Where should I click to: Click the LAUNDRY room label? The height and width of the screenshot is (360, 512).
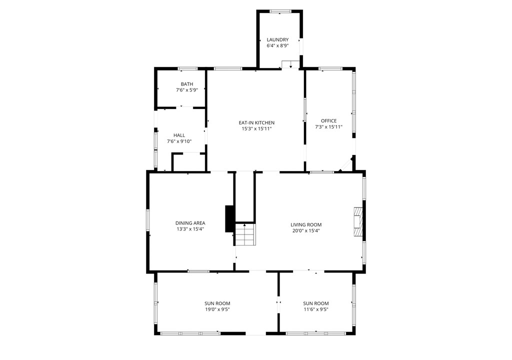coord(277,40)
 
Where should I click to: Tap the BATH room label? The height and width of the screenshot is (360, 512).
coord(187,84)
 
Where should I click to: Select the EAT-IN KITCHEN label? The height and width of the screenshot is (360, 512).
coord(256,123)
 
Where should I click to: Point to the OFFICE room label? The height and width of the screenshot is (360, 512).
coord(328,121)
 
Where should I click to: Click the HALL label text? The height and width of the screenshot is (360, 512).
coord(179,135)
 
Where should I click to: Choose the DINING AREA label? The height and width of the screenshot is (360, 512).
coord(190,223)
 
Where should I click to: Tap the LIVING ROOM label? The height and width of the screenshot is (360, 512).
coord(306,225)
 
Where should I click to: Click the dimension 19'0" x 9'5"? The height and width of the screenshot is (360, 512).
coord(217,309)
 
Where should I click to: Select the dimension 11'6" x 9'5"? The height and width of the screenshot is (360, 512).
coord(316,309)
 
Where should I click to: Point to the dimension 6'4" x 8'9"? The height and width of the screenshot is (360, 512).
coord(277,46)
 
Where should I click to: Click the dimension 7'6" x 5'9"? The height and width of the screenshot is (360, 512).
coord(187,90)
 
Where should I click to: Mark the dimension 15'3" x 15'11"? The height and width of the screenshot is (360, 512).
coord(256,128)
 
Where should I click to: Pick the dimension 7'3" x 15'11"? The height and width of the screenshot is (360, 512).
coord(328,127)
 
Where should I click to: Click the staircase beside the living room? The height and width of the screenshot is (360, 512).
coord(245,234)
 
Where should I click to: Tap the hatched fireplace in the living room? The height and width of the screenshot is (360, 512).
coord(358,222)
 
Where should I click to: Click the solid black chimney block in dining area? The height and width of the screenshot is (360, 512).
coord(230,219)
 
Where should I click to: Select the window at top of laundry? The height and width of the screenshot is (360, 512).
coord(280,11)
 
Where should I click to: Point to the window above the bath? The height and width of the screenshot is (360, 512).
coord(188,68)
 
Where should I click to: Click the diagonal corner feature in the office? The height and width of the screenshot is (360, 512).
coord(346,164)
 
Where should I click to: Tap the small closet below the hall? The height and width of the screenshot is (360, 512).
coord(188,162)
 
